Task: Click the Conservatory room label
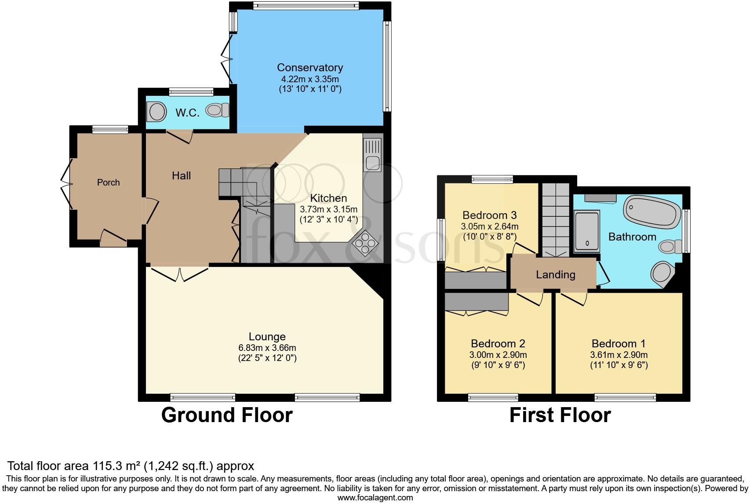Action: point(310,68)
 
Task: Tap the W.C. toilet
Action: point(218,110)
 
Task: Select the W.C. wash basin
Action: point(156,112)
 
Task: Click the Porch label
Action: point(108,182)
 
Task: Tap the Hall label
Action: point(181,176)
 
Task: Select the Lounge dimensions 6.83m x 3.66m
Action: point(267,348)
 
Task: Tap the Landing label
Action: point(556,275)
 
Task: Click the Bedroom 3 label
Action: point(489,215)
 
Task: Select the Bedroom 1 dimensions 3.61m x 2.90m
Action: point(619,355)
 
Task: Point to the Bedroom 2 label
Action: point(498,344)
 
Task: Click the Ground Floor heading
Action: point(227,415)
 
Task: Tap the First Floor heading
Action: point(560,415)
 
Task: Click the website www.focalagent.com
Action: point(375,498)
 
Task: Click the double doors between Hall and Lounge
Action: point(180,273)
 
